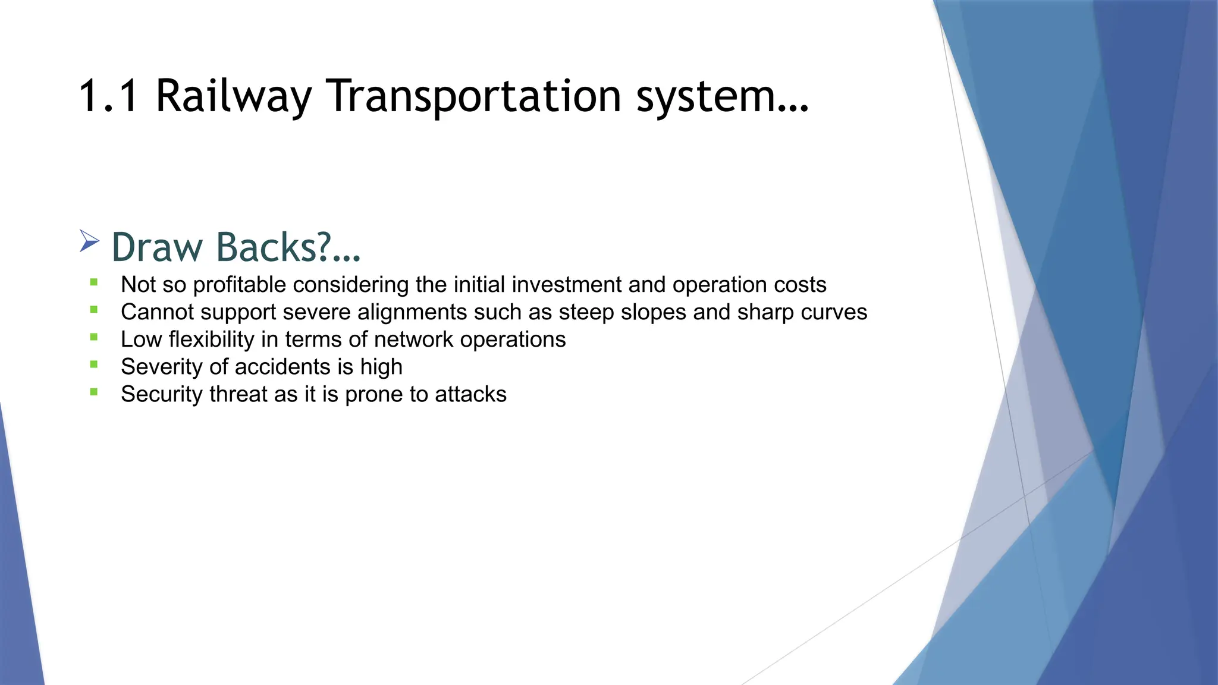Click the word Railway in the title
tap(233, 96)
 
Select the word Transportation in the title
tap(474, 96)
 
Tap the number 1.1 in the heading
tap(108, 96)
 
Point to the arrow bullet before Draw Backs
tap(89, 241)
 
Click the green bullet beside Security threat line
tap(94, 392)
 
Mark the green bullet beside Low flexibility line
tap(94, 337)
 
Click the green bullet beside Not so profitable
tap(94, 282)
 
